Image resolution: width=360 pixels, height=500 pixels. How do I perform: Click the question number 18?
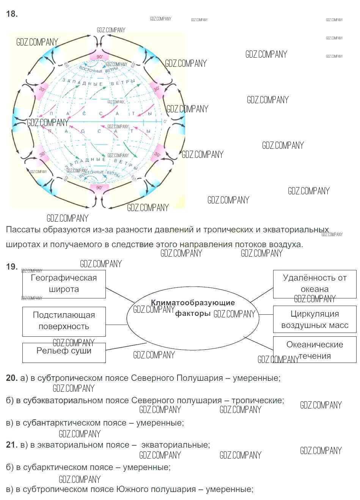pyautogui.click(x=12, y=14)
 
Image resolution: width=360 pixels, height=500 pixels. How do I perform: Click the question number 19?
pyautogui.click(x=12, y=267)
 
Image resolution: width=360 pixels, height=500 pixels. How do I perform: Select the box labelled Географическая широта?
pyautogui.click(x=64, y=284)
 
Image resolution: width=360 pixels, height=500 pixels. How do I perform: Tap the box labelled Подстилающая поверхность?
pyautogui.click(x=64, y=321)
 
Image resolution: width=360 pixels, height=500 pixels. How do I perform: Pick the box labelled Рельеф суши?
pyautogui.click(x=64, y=351)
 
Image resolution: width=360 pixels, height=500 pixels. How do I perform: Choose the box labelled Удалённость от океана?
pyautogui.click(x=314, y=284)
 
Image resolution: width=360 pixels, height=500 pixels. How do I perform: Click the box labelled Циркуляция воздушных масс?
pyautogui.click(x=314, y=320)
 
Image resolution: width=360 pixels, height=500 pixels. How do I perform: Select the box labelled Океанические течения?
pyautogui.click(x=314, y=350)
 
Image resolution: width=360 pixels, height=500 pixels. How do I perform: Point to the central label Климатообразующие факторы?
pyautogui.click(x=193, y=308)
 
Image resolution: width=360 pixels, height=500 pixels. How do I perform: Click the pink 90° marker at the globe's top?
pyautogui.click(x=99, y=57)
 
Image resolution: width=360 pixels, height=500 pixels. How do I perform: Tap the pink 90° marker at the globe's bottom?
pyautogui.click(x=99, y=188)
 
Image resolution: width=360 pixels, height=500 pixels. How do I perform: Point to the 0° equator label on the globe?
pyautogui.click(x=165, y=121)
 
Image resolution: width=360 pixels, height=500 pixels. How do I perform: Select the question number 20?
pyautogui.click(x=12, y=378)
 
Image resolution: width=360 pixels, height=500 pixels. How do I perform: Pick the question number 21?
pyautogui.click(x=12, y=445)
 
